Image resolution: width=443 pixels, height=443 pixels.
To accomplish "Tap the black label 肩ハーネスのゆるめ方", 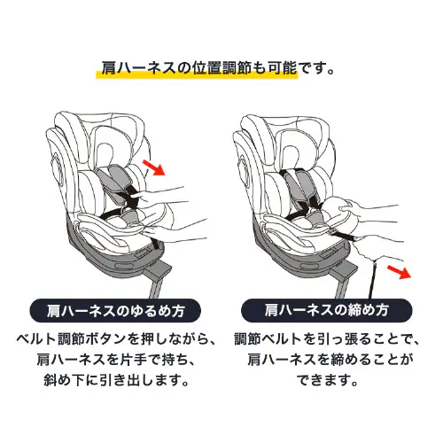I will click(110, 310).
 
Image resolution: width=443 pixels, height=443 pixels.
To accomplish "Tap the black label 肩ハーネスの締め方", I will click(327, 310).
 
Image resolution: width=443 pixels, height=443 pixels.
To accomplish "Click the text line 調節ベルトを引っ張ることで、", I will click(327, 340).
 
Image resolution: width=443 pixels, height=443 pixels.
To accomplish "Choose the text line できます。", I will click(327, 383).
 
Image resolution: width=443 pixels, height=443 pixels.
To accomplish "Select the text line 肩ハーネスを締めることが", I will click(327, 361).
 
